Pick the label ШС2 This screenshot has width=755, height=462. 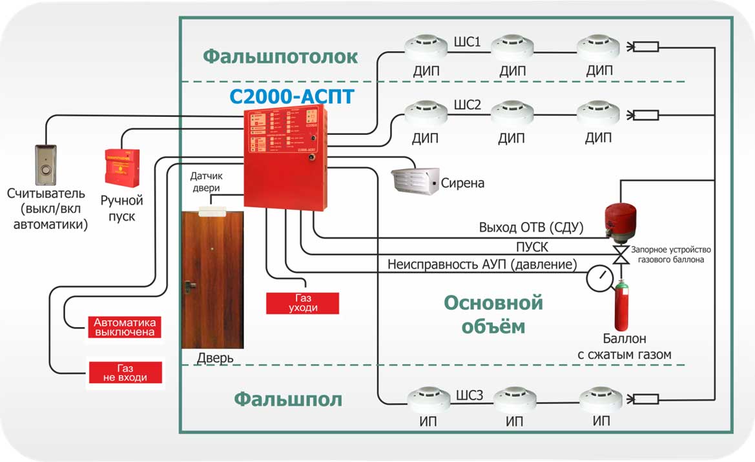(468, 106)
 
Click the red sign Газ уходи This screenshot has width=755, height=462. (302, 303)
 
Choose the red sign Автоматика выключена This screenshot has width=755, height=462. (125, 327)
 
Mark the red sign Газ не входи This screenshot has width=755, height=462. (125, 372)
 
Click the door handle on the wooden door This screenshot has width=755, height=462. (189, 285)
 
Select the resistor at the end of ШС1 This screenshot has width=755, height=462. (645, 46)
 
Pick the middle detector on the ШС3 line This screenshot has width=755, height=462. (512, 399)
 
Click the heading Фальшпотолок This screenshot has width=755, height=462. (280, 57)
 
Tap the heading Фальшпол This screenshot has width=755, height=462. (288, 399)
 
